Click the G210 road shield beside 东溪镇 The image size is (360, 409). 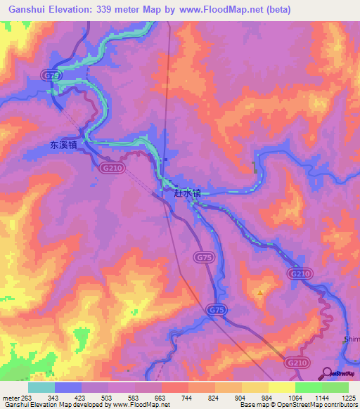(109, 168)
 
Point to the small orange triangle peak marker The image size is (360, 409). (261, 292)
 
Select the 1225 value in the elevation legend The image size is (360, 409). (349, 397)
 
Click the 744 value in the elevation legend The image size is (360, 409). (188, 397)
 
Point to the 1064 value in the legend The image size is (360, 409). (295, 397)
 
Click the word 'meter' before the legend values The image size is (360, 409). (10, 397)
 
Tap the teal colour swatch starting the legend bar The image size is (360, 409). (41, 387)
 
